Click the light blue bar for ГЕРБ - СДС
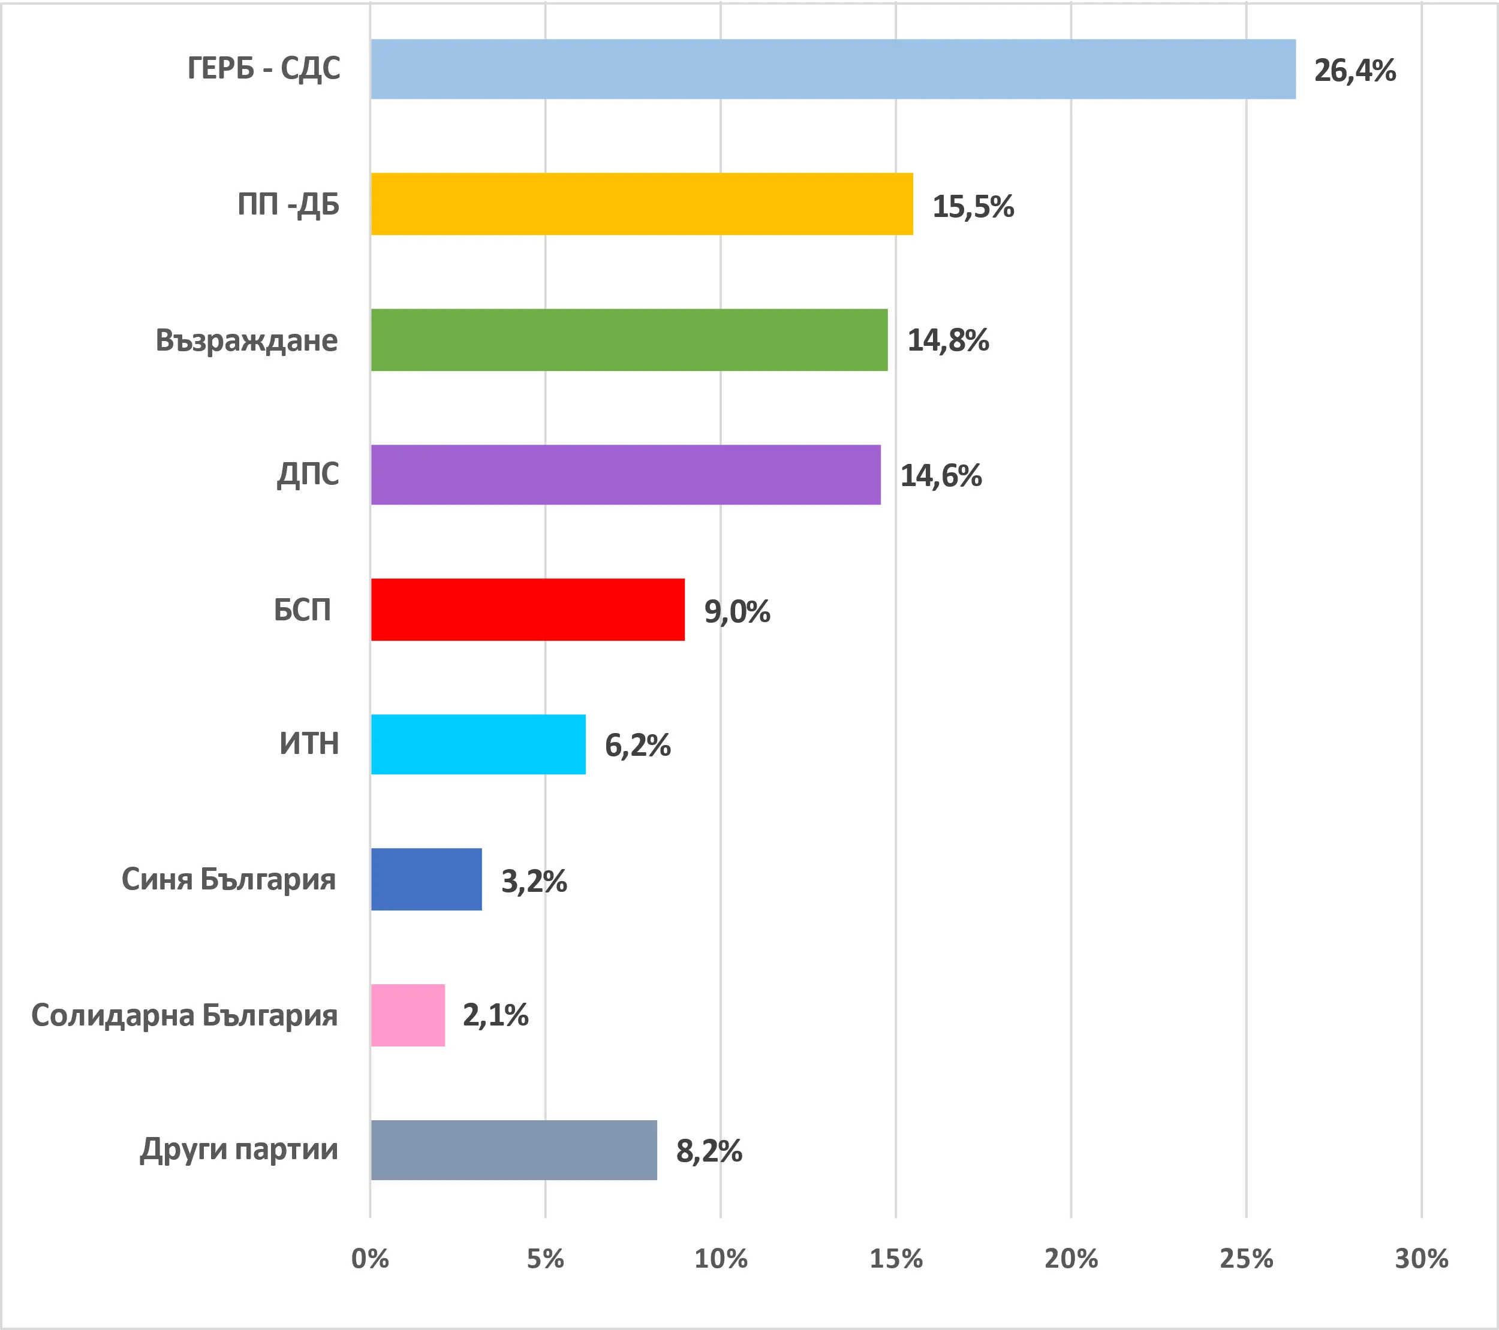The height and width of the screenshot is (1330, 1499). (x=832, y=69)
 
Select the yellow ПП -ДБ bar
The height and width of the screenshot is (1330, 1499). (x=642, y=204)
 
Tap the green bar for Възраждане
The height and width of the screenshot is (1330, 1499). (x=628, y=339)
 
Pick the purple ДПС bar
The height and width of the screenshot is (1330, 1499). (x=625, y=474)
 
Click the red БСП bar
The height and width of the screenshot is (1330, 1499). (x=527, y=610)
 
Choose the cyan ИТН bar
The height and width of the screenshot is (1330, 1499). (x=478, y=744)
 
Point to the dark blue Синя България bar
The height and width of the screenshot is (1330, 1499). (x=426, y=879)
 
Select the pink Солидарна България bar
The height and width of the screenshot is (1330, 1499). (x=408, y=1015)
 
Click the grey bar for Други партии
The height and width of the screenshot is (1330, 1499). (x=513, y=1150)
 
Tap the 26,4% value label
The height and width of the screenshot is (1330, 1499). (x=1354, y=70)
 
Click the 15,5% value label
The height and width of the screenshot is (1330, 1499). (x=973, y=206)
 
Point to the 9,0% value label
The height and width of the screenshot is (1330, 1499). (x=736, y=611)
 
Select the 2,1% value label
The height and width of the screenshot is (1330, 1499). (x=495, y=1015)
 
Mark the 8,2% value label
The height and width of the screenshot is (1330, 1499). (x=709, y=1151)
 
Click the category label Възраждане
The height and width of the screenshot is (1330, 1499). (x=246, y=341)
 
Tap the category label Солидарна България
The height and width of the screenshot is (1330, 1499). (x=184, y=1015)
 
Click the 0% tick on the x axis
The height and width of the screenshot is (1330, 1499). (x=369, y=1259)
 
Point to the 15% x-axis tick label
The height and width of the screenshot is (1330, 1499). (x=895, y=1259)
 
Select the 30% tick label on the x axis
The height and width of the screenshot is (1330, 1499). (x=1421, y=1259)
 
